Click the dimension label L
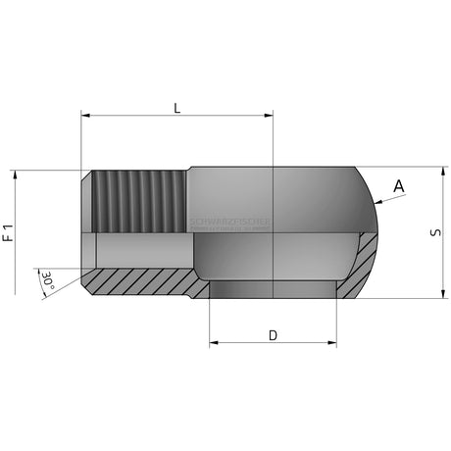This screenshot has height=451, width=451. pos(176,107)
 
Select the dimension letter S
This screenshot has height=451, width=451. pos(435,232)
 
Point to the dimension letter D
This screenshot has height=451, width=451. pos(273,334)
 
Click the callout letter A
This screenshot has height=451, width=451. pos(398,185)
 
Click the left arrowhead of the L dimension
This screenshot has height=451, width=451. pos(85,116)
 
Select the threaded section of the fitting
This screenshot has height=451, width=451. pos(137,201)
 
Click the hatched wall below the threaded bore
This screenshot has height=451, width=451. pos(137,280)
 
